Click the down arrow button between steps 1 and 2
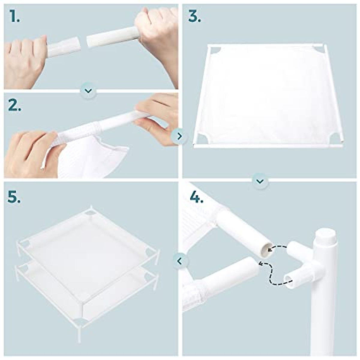[x=88, y=90]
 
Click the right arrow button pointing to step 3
[x=179, y=136]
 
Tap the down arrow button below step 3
[x=260, y=181]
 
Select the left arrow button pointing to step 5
[x=179, y=261]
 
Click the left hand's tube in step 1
[x=64, y=47]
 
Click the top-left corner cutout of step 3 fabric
[x=215, y=50]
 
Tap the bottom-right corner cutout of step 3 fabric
[x=335, y=138]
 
